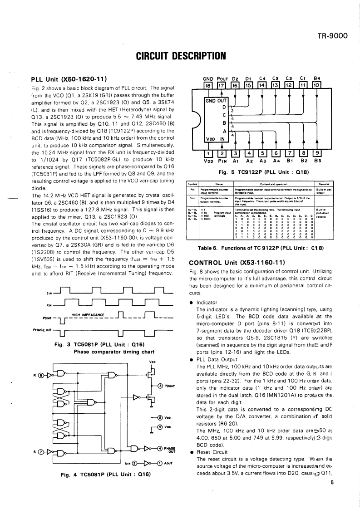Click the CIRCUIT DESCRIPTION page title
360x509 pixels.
point(181,56)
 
